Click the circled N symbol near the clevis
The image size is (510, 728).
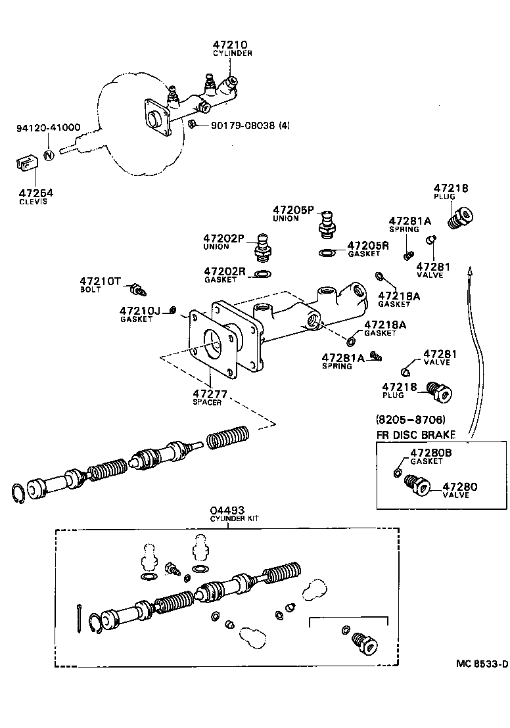point(48,156)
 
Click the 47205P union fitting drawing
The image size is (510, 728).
point(327,222)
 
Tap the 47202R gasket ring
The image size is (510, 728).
point(262,274)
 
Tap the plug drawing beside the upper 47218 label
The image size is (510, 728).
point(461,217)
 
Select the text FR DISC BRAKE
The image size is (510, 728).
point(415,434)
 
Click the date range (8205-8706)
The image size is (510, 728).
point(411,419)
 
